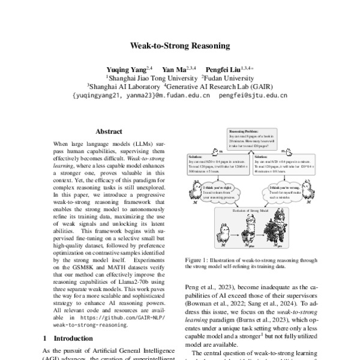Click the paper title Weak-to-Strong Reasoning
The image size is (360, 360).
(179, 45)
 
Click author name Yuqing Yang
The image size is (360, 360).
(126, 70)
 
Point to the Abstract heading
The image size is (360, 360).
(109, 131)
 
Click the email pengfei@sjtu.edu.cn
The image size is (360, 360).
(253, 95)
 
